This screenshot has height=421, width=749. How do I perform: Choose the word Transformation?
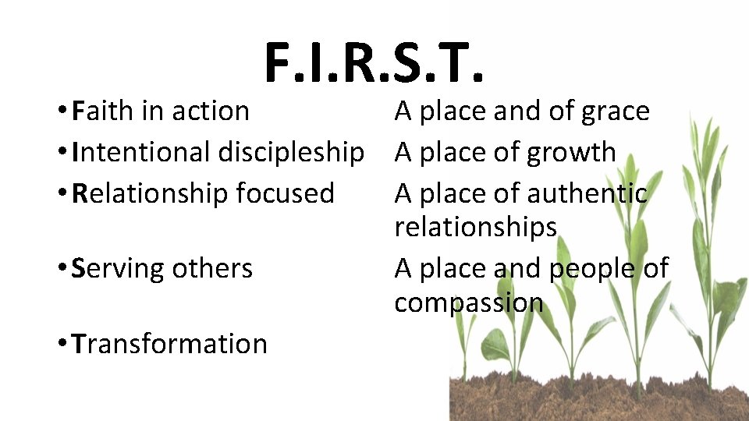[169, 344]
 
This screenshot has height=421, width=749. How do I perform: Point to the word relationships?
[475, 228]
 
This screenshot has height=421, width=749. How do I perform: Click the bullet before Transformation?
[61, 345]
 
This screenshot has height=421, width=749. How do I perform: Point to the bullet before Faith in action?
[61, 112]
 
